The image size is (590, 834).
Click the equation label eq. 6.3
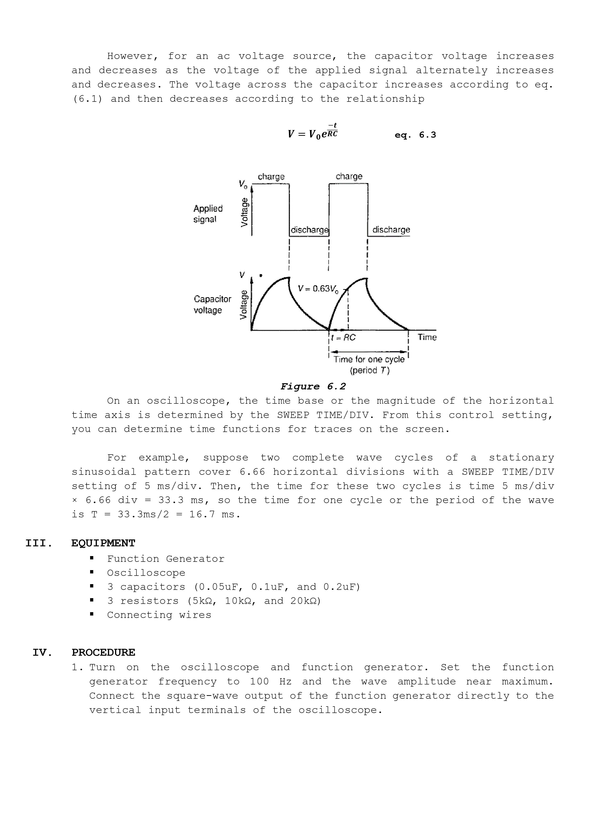[x=415, y=135]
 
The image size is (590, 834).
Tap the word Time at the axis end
[x=427, y=337]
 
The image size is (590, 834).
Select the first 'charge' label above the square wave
[x=271, y=177]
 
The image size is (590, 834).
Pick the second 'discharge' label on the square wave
[x=391, y=230]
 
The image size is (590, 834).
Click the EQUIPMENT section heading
[x=103, y=543]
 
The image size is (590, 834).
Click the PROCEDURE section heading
[x=103, y=653]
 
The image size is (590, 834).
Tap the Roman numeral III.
[x=39, y=543]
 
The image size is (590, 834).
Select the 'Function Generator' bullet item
[x=166, y=559]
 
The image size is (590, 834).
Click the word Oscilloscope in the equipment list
[x=146, y=573]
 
